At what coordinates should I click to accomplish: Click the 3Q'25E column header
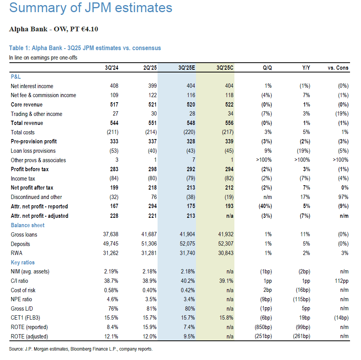[187, 68]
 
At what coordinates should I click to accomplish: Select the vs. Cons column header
[337, 68]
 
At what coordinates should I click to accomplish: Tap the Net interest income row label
[32, 86]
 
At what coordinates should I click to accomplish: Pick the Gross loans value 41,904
[186, 235]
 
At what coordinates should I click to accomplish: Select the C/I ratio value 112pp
[341, 281]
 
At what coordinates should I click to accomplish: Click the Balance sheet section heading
[27, 225]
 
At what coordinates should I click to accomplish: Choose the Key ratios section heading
[23, 262]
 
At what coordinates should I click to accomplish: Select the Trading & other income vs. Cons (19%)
[339, 114]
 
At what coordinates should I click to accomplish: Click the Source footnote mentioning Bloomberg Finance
[80, 349]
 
